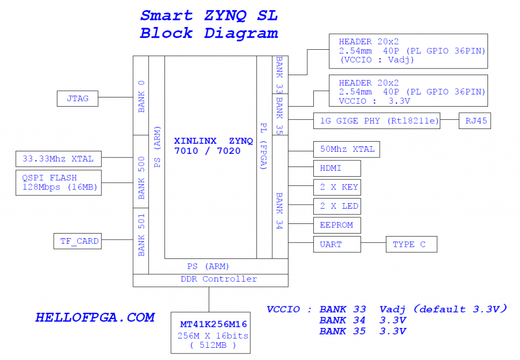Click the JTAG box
(77, 99)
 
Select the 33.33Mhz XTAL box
(58, 159)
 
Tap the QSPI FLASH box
(58, 183)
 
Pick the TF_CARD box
(77, 241)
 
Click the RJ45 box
(474, 121)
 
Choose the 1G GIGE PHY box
(376, 121)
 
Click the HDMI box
(337, 168)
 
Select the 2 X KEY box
(337, 187)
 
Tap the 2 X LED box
(337, 206)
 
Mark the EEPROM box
(337, 225)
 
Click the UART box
(337, 244)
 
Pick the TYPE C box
(411, 244)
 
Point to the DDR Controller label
(219, 279)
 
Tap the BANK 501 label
(141, 235)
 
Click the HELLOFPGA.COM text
(94, 318)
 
